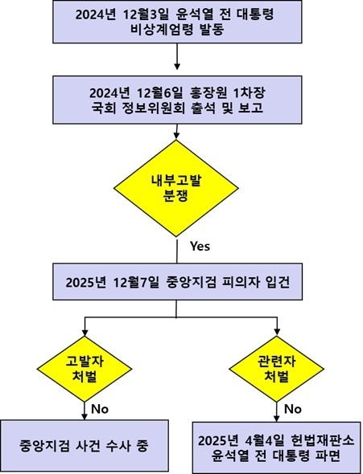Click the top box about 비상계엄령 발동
[177, 22]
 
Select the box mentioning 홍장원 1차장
[177, 100]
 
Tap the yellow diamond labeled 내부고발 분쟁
[176, 188]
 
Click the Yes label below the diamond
[200, 246]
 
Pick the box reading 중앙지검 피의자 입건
[177, 281]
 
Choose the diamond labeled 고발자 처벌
[85, 369]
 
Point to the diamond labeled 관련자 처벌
[276, 369]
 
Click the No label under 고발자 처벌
[100, 409]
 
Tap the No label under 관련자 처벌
[292, 409]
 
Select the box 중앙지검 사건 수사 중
[85, 446]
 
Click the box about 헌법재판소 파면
[276, 447]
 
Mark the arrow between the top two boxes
[177, 56]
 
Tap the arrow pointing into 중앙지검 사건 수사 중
[85, 411]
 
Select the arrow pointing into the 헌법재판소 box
[276, 411]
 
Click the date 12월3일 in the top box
[145, 14]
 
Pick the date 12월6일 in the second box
[159, 93]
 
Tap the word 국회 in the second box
[103, 108]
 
